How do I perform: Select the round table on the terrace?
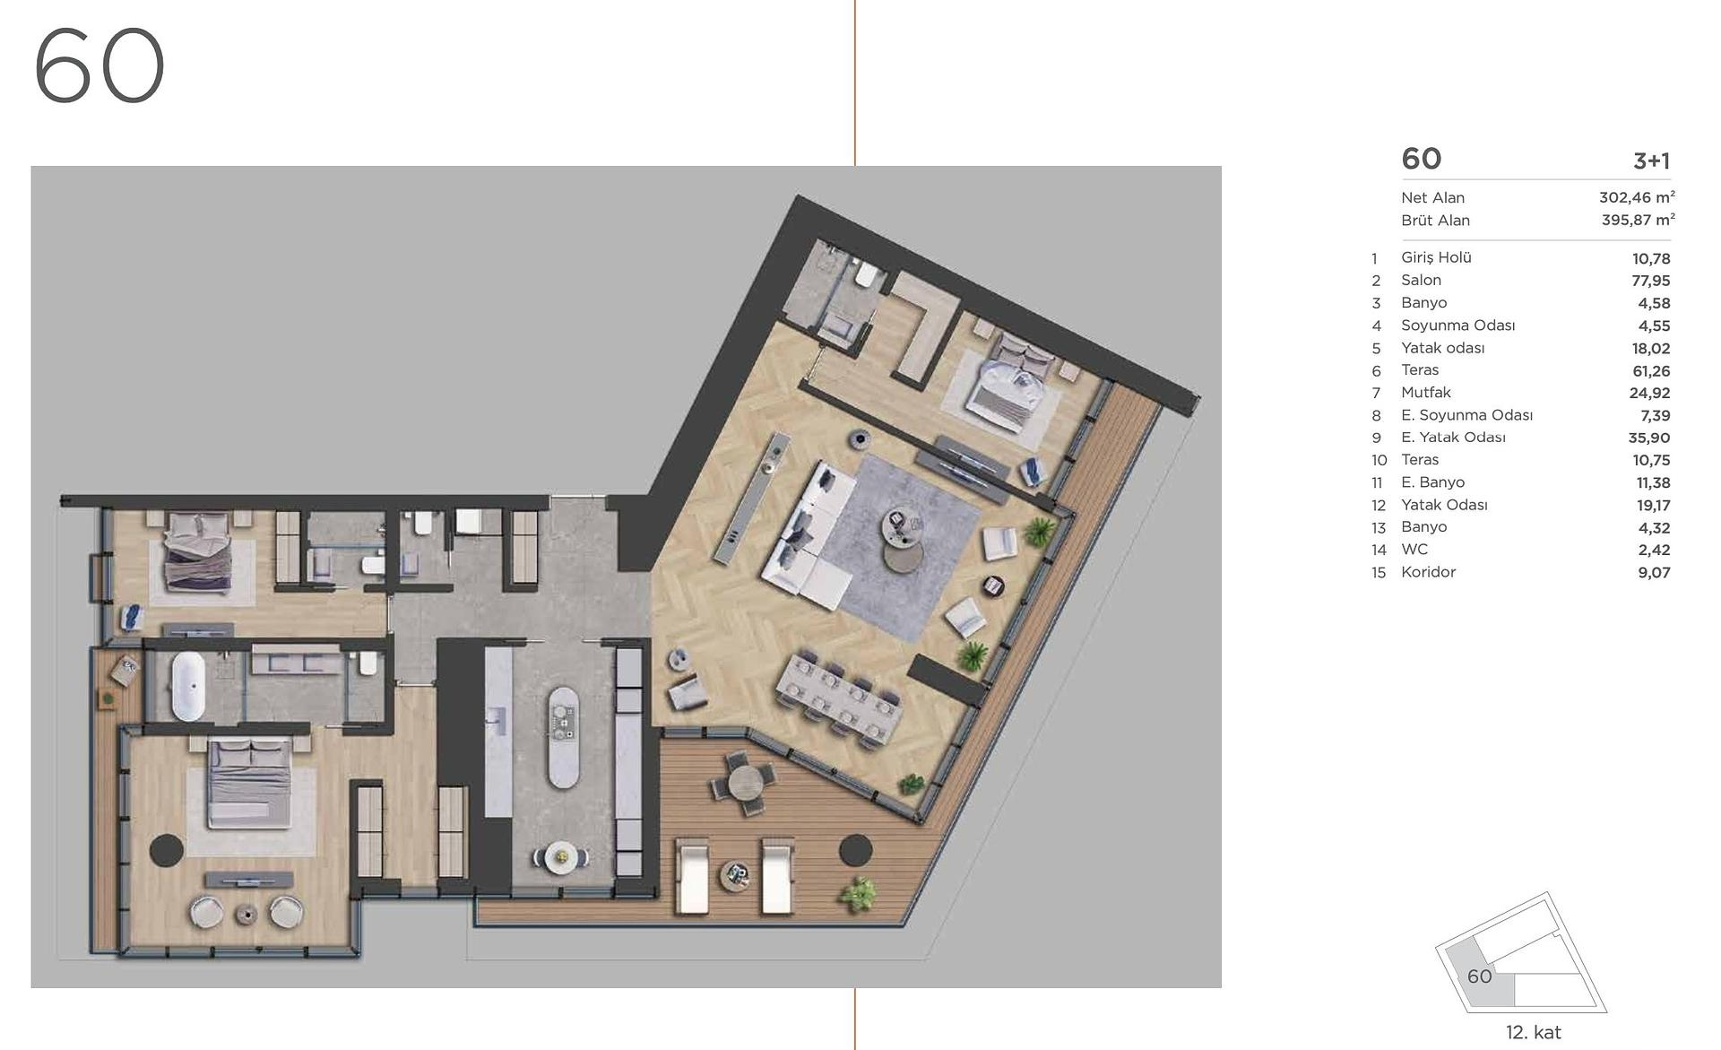click(744, 783)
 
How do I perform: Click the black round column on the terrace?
click(856, 850)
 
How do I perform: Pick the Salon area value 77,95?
click(1651, 281)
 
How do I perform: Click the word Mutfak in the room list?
click(1426, 393)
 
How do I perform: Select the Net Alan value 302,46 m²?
click(1637, 197)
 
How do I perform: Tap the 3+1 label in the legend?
click(1652, 161)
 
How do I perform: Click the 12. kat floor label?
click(1534, 1033)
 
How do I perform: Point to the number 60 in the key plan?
click(1480, 976)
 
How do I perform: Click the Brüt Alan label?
click(1436, 221)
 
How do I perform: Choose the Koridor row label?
click(1429, 572)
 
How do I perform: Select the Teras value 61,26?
click(1651, 370)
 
